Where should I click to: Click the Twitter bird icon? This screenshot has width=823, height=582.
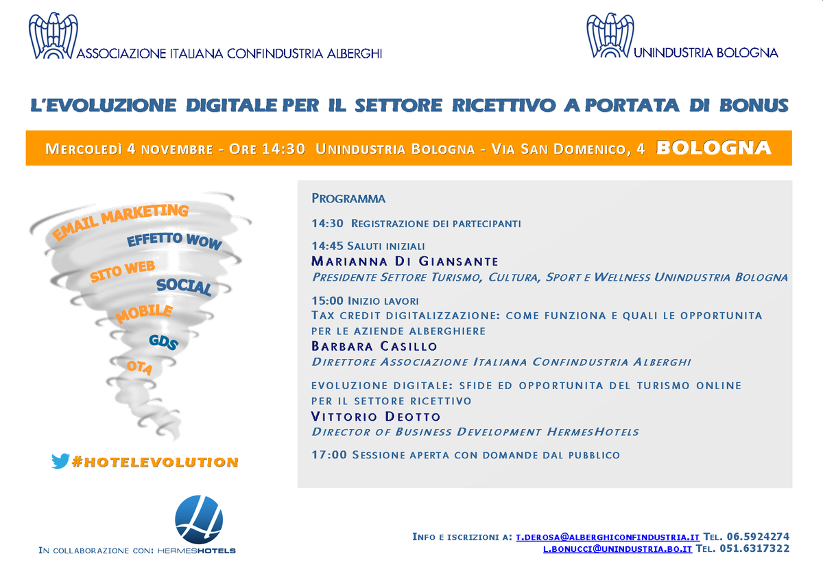(x=60, y=461)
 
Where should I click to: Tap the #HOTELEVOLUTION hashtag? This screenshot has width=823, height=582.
(x=155, y=463)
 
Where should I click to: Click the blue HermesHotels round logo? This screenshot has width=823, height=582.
(x=199, y=519)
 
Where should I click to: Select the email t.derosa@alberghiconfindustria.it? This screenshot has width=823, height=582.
(x=608, y=537)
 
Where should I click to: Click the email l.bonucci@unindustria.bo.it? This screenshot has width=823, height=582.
(x=617, y=549)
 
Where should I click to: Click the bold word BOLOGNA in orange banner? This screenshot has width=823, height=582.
(x=713, y=148)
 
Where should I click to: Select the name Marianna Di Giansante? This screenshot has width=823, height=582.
(x=405, y=261)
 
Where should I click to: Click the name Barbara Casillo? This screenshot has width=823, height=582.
(x=374, y=346)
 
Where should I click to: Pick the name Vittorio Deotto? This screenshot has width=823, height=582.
(x=376, y=417)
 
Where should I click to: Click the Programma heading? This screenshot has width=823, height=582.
(x=348, y=199)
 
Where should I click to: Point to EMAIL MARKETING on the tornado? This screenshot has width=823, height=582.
(x=121, y=222)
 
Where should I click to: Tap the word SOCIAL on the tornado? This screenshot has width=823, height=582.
(x=184, y=287)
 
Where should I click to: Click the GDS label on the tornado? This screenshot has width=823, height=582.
(x=163, y=342)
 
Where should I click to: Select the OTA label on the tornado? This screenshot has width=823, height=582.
(x=139, y=368)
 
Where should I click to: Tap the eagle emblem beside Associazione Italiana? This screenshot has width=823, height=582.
(x=52, y=37)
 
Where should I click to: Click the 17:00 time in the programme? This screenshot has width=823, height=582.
(x=329, y=455)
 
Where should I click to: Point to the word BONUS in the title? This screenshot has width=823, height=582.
(x=754, y=106)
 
